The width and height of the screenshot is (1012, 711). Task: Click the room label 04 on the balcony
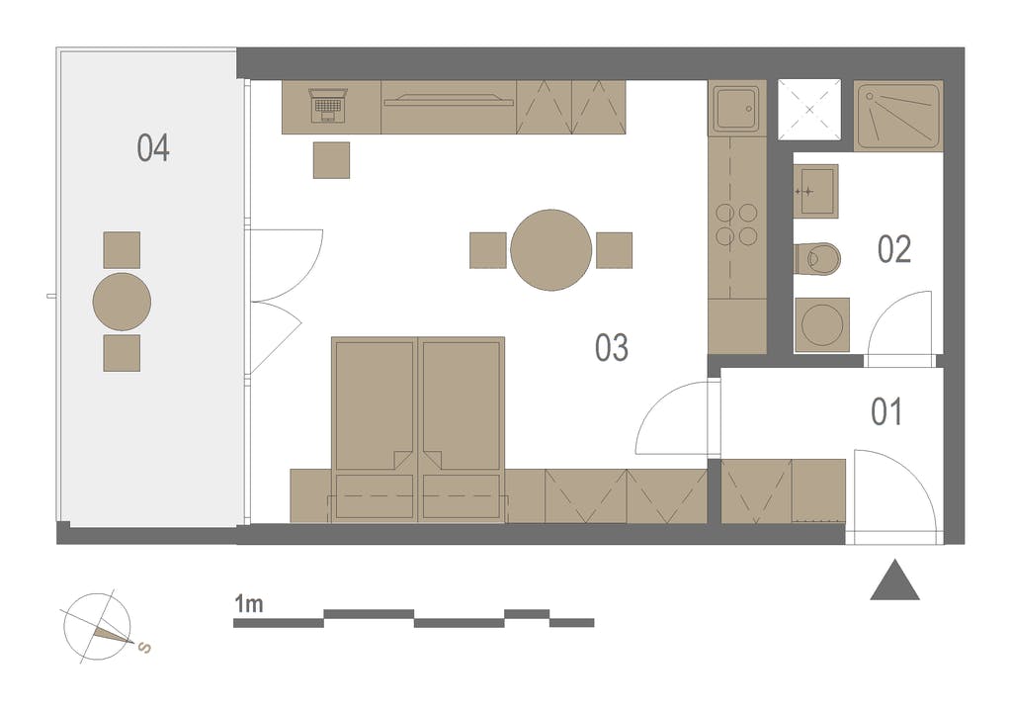pyautogui.click(x=153, y=148)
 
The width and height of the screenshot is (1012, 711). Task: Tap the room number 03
pyautogui.click(x=611, y=347)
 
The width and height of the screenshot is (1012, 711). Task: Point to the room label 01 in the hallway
pyautogui.click(x=886, y=411)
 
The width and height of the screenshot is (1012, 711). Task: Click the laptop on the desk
pyautogui.click(x=328, y=106)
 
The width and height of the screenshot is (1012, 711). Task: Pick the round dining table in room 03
pyautogui.click(x=551, y=250)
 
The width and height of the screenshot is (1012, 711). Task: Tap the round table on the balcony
pyautogui.click(x=122, y=302)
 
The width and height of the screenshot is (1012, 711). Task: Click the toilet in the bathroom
pyautogui.click(x=817, y=259)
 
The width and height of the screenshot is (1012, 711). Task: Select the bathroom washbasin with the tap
pyautogui.click(x=815, y=191)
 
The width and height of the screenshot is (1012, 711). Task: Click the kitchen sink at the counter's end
pyautogui.click(x=736, y=108)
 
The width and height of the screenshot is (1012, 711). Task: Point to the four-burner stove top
pyautogui.click(x=736, y=224)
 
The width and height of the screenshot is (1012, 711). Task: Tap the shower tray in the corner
pyautogui.click(x=898, y=116)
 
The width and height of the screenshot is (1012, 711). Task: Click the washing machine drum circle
pyautogui.click(x=821, y=324)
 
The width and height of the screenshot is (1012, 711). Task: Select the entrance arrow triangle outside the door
pyautogui.click(x=894, y=579)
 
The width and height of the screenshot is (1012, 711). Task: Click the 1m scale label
pyautogui.click(x=248, y=604)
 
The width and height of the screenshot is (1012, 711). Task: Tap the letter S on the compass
pyautogui.click(x=146, y=647)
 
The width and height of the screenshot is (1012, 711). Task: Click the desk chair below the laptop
pyautogui.click(x=332, y=160)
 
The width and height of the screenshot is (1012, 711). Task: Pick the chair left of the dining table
pyautogui.click(x=488, y=250)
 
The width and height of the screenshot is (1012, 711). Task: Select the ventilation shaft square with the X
pyautogui.click(x=809, y=110)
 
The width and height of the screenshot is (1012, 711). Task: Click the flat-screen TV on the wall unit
pyautogui.click(x=448, y=99)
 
